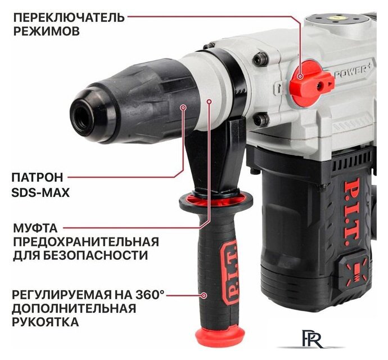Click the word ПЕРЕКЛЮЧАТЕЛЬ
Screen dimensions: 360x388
pyautogui.click(x=67, y=16)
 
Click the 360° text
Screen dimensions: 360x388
pyautogui.click(x=151, y=294)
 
